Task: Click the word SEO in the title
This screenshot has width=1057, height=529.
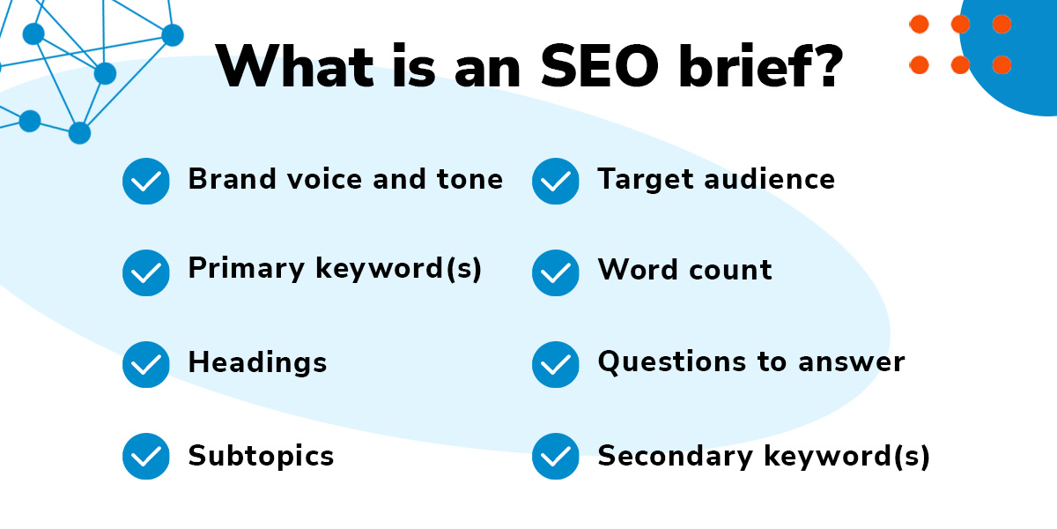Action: click(599, 66)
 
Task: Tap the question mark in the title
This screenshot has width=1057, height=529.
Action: click(828, 65)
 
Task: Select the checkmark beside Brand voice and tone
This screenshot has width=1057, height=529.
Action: click(146, 181)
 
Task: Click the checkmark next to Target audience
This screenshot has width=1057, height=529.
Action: click(556, 181)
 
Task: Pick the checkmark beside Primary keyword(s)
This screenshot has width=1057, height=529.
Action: click(146, 272)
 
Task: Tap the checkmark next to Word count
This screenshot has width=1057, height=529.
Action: click(556, 272)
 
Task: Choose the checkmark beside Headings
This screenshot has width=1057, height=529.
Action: click(146, 364)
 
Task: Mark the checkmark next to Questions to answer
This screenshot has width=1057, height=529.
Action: click(556, 364)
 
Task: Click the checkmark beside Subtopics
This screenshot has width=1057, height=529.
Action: click(146, 456)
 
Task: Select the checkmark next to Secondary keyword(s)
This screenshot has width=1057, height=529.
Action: click(556, 456)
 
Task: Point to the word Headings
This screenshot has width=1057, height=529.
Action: click(257, 363)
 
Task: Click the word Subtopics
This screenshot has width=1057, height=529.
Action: click(261, 457)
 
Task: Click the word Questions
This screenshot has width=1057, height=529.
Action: click(672, 362)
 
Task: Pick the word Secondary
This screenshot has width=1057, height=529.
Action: click(676, 457)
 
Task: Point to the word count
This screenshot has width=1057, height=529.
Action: click(731, 270)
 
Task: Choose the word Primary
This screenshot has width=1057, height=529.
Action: click(247, 269)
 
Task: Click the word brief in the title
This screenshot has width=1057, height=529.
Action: click(743, 65)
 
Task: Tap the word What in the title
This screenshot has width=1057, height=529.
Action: click(295, 65)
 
